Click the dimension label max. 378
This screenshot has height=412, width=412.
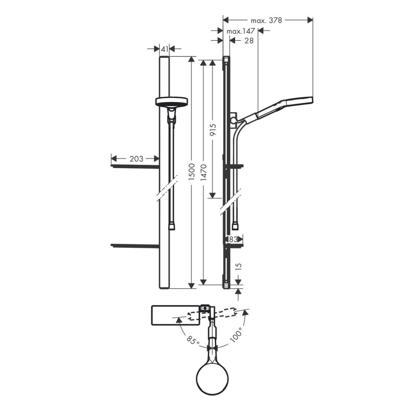click(x=266, y=21)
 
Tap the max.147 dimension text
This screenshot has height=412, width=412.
click(x=241, y=31)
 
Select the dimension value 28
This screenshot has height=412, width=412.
click(x=249, y=41)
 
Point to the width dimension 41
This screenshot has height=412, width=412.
click(x=164, y=49)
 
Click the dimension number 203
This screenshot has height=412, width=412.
click(x=136, y=159)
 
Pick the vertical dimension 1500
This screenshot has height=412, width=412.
click(x=192, y=172)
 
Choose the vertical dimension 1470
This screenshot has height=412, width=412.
click(x=204, y=172)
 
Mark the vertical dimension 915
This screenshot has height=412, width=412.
click(x=213, y=129)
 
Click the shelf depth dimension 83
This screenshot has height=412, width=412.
click(x=233, y=239)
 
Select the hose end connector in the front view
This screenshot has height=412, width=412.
click(x=172, y=226)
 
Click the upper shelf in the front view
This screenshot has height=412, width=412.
click(x=135, y=167)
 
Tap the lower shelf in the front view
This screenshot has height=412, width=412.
click(x=135, y=246)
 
